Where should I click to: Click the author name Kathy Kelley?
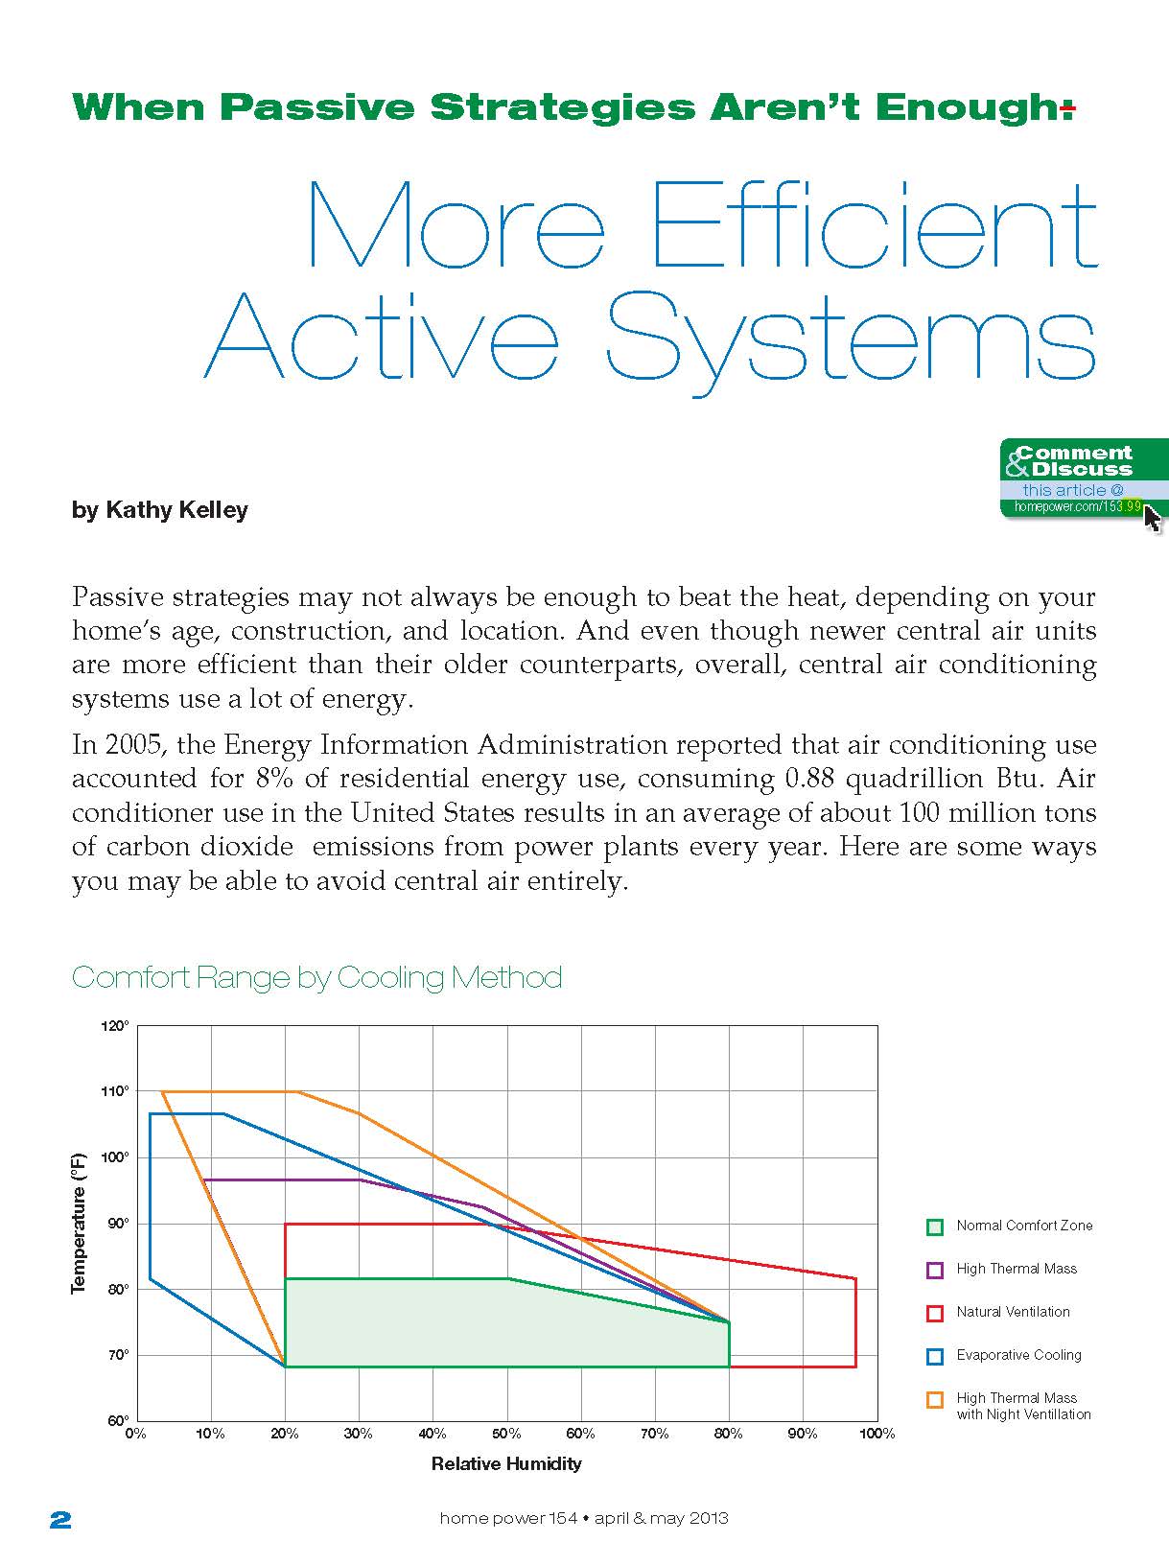[176, 510]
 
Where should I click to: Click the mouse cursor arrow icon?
[1152, 519]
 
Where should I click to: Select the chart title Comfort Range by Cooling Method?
[316, 977]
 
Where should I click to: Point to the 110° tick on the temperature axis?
[114, 1091]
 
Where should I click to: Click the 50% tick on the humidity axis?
[506, 1434]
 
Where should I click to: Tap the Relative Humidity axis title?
[506, 1463]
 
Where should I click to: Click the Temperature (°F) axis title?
[79, 1223]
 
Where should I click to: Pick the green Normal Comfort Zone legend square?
[935, 1226]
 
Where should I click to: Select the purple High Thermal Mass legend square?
[935, 1270]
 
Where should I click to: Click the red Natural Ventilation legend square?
[935, 1313]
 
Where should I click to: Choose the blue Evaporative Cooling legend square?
[935, 1356]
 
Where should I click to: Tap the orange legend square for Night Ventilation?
[935, 1400]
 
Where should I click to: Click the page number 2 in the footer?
[60, 1519]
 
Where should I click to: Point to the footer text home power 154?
[508, 1518]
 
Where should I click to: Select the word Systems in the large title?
[851, 338]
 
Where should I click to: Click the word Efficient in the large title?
[874, 225]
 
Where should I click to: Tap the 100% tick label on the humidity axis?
[877, 1434]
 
